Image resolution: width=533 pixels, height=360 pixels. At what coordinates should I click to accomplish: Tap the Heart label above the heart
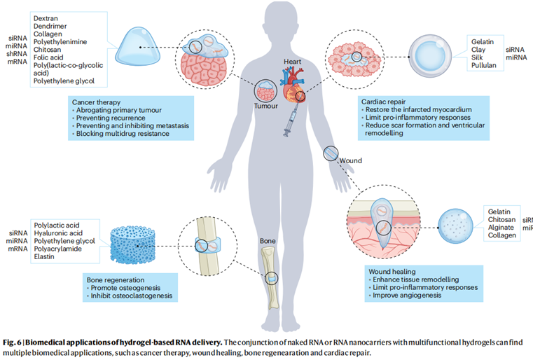click(x=291, y=62)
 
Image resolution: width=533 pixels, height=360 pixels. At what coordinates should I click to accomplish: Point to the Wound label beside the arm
click(x=350, y=160)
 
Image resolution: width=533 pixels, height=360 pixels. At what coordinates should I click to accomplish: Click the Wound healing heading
click(x=394, y=270)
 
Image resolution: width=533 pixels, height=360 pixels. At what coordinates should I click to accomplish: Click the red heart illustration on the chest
click(x=293, y=84)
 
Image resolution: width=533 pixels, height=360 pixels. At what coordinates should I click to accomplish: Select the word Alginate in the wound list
click(x=502, y=228)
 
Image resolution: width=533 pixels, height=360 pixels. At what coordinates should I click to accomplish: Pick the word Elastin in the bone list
click(x=43, y=256)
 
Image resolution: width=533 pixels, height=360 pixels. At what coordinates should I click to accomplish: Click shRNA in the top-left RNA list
click(x=18, y=55)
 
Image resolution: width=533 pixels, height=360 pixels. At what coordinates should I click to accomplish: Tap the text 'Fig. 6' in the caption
click(x=13, y=341)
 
